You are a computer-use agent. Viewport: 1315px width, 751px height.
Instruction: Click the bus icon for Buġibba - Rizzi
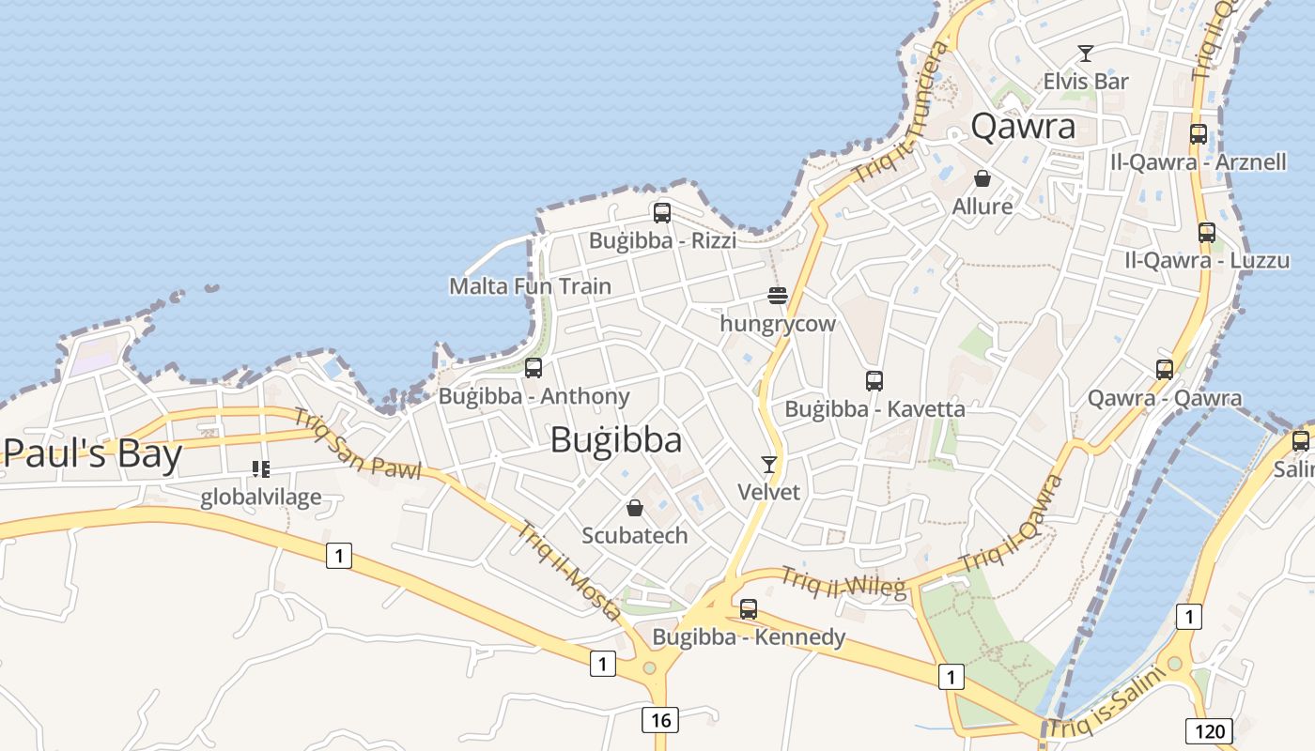[x=662, y=213]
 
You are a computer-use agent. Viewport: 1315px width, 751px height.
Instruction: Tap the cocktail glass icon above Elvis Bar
[x=1086, y=54]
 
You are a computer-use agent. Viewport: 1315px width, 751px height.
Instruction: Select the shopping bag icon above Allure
[x=982, y=178]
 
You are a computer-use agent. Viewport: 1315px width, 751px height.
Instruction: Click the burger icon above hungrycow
[x=777, y=296]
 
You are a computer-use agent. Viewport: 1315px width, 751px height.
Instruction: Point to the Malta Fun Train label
[x=530, y=286]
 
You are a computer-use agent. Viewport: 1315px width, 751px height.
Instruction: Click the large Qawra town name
[x=1023, y=126]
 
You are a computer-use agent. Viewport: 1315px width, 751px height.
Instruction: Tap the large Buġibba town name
[x=616, y=439]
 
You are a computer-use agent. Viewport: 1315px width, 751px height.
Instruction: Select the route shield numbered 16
[x=660, y=720]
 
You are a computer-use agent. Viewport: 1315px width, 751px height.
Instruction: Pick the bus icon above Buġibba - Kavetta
[x=874, y=381]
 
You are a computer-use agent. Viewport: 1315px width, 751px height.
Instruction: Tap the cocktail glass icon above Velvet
[x=769, y=464]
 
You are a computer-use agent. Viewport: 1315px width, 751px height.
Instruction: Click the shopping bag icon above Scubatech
[x=635, y=508]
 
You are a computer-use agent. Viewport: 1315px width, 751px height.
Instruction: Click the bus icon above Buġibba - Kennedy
[x=749, y=608]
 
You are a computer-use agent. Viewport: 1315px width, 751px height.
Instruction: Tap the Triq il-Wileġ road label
[x=843, y=583]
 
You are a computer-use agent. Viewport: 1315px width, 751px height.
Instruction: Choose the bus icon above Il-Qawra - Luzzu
[x=1207, y=232]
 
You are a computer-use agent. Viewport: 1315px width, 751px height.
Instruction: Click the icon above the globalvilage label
[x=260, y=468]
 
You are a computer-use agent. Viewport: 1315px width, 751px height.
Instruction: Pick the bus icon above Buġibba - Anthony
[x=534, y=368]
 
